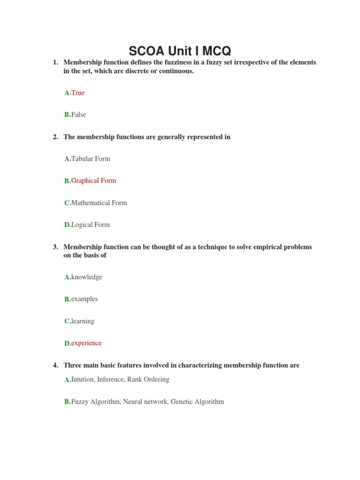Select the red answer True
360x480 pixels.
tap(78, 93)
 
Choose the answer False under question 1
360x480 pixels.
tap(79, 114)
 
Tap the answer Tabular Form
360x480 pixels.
tap(90, 158)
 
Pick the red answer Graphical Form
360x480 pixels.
tap(93, 180)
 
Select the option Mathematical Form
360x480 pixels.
tap(99, 203)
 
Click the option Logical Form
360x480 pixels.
tap(90, 225)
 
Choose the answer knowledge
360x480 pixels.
tap(86, 277)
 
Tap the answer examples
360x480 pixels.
tap(84, 299)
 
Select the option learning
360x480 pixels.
tap(82, 321)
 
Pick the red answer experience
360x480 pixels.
tap(86, 343)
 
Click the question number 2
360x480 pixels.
tap(55, 137)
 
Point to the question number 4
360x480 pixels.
tap(55, 365)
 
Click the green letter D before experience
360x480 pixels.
tap(67, 344)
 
